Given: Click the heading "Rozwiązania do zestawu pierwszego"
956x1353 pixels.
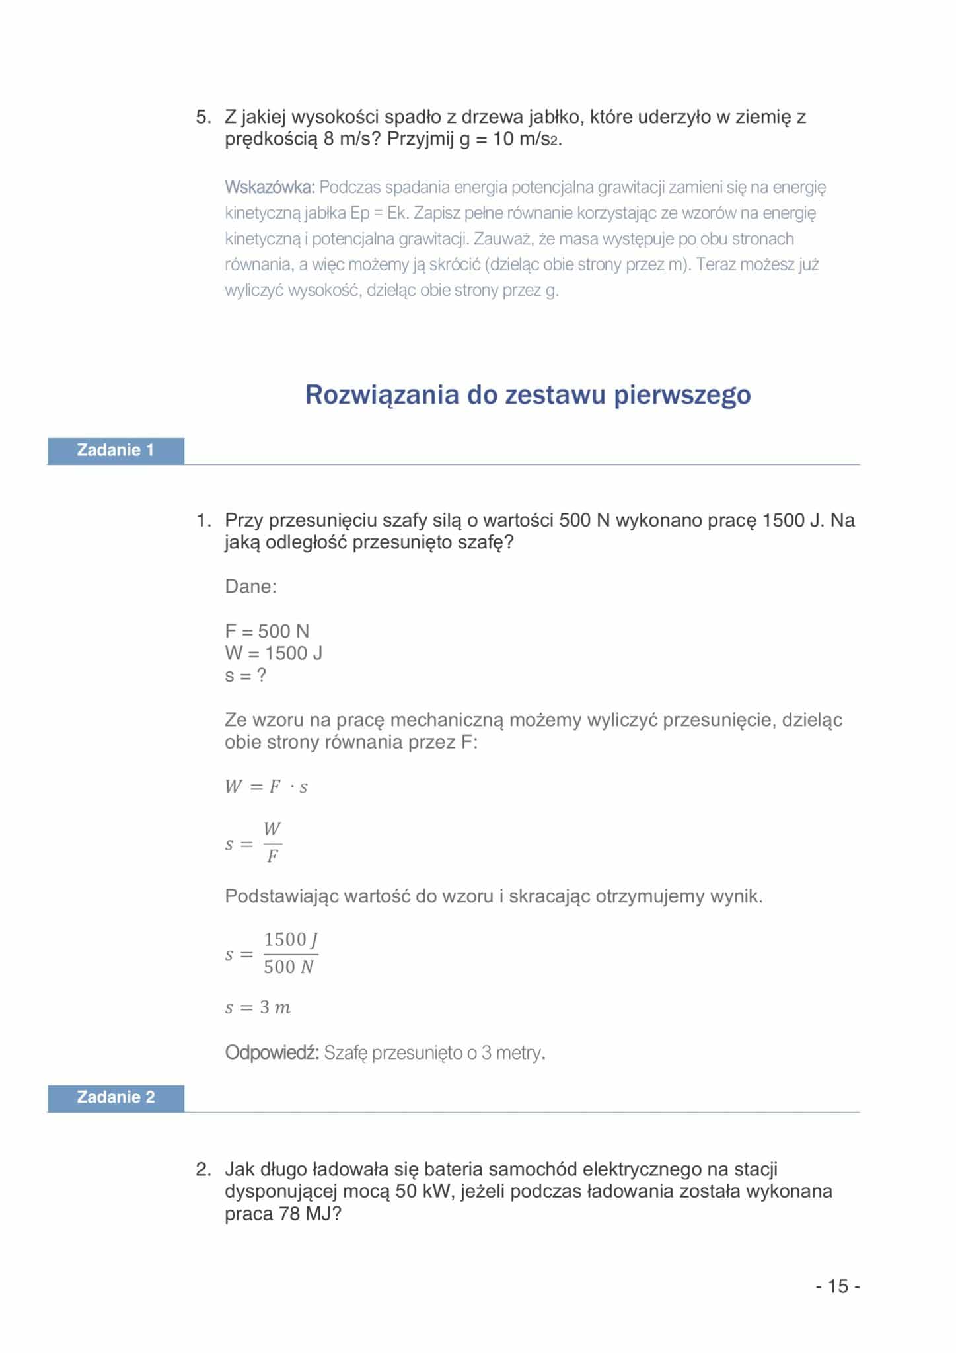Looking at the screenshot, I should [x=527, y=394].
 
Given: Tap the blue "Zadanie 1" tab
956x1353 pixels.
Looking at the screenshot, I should [x=116, y=451].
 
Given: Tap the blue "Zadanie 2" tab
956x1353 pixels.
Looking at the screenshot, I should [x=116, y=1097].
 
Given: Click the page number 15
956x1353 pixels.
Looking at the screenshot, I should [x=838, y=1286].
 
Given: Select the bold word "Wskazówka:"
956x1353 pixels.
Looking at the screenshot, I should [x=270, y=188].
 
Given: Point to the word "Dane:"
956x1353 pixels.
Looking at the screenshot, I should [x=251, y=587].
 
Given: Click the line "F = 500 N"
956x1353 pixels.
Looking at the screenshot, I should [x=267, y=631].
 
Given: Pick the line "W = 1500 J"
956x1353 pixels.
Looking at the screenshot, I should [x=274, y=653].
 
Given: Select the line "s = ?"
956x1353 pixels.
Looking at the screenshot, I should [x=245, y=676].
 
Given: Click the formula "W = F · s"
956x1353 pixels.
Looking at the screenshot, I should [x=266, y=787].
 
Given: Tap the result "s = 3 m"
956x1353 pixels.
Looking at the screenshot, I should [x=258, y=1007].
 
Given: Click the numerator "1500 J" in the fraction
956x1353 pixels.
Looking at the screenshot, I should [x=291, y=939].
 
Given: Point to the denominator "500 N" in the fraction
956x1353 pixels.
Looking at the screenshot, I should [x=289, y=967].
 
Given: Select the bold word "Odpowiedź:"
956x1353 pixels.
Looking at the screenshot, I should [x=272, y=1052].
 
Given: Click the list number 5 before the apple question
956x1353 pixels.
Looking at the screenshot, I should [x=203, y=118].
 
